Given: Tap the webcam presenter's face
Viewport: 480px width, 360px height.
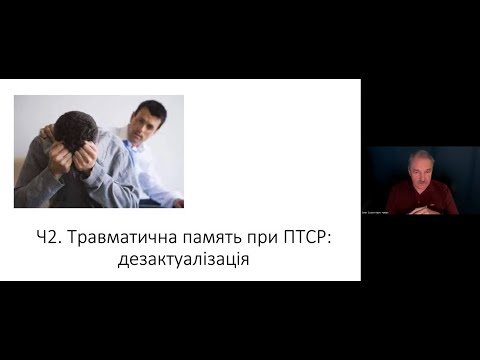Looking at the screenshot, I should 421,170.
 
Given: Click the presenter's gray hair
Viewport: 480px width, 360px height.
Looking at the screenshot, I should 421,156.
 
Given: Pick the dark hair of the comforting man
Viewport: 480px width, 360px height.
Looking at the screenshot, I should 149,107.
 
